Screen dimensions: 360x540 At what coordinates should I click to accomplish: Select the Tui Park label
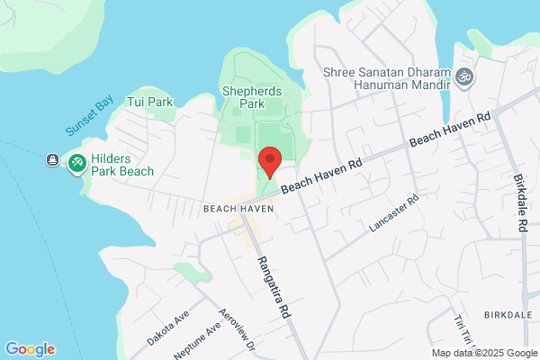149,102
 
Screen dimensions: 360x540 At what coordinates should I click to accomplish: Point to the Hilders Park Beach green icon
78,161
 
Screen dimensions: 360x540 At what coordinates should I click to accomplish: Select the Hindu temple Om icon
464,77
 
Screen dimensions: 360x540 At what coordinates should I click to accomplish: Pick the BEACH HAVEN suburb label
238,208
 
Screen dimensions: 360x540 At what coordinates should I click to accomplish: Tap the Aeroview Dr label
239,334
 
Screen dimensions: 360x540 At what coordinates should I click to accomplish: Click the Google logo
30,349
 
